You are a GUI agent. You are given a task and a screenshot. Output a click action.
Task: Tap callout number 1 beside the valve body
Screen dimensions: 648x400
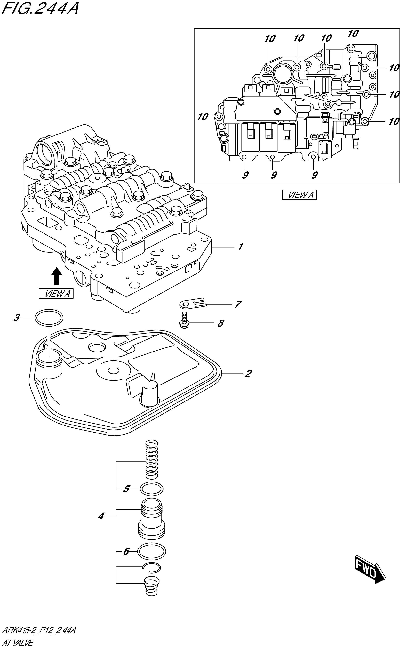pyautogui.click(x=240, y=247)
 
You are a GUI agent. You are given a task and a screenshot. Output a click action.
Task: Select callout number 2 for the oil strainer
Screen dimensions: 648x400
pyautogui.click(x=248, y=374)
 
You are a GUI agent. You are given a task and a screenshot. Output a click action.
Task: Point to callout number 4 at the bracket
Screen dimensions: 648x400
pyautogui.click(x=101, y=516)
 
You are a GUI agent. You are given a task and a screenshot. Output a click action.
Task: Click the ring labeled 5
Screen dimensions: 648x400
pyautogui.click(x=151, y=489)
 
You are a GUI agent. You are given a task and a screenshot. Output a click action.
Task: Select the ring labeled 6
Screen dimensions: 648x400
pyautogui.click(x=152, y=552)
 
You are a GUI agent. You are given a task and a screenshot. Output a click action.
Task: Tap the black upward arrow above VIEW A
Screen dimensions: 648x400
pyautogui.click(x=56, y=276)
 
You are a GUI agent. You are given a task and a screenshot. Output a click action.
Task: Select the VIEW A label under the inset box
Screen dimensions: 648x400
pyautogui.click(x=299, y=195)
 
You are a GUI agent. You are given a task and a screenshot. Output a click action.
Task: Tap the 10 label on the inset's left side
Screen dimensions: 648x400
pyautogui.click(x=203, y=117)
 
